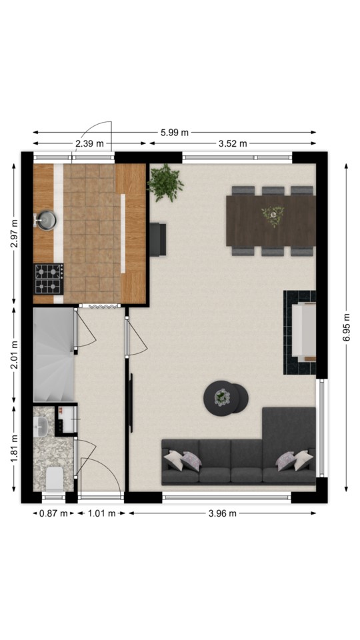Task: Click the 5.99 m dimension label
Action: (x=175, y=132)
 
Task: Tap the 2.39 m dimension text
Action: (x=89, y=143)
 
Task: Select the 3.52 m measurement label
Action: (x=233, y=143)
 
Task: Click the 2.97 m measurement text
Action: (x=15, y=233)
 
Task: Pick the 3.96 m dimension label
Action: (x=223, y=513)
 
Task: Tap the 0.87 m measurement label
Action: (x=53, y=513)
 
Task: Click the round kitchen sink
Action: (x=46, y=220)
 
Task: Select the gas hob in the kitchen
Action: (x=49, y=279)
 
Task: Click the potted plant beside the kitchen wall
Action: (x=165, y=183)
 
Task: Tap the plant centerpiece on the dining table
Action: (x=273, y=215)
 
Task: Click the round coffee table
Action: (x=226, y=398)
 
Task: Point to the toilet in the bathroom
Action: (x=54, y=479)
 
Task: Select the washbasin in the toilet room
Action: (x=41, y=427)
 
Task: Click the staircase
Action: (x=54, y=354)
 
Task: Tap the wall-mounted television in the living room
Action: (x=131, y=403)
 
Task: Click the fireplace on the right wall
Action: (x=299, y=332)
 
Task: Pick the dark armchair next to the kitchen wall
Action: (x=158, y=239)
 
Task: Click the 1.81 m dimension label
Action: (x=15, y=449)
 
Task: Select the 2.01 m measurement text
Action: (x=15, y=354)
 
